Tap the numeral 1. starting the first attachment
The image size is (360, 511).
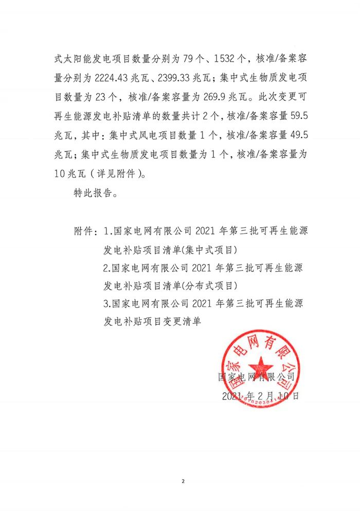click(106, 232)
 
